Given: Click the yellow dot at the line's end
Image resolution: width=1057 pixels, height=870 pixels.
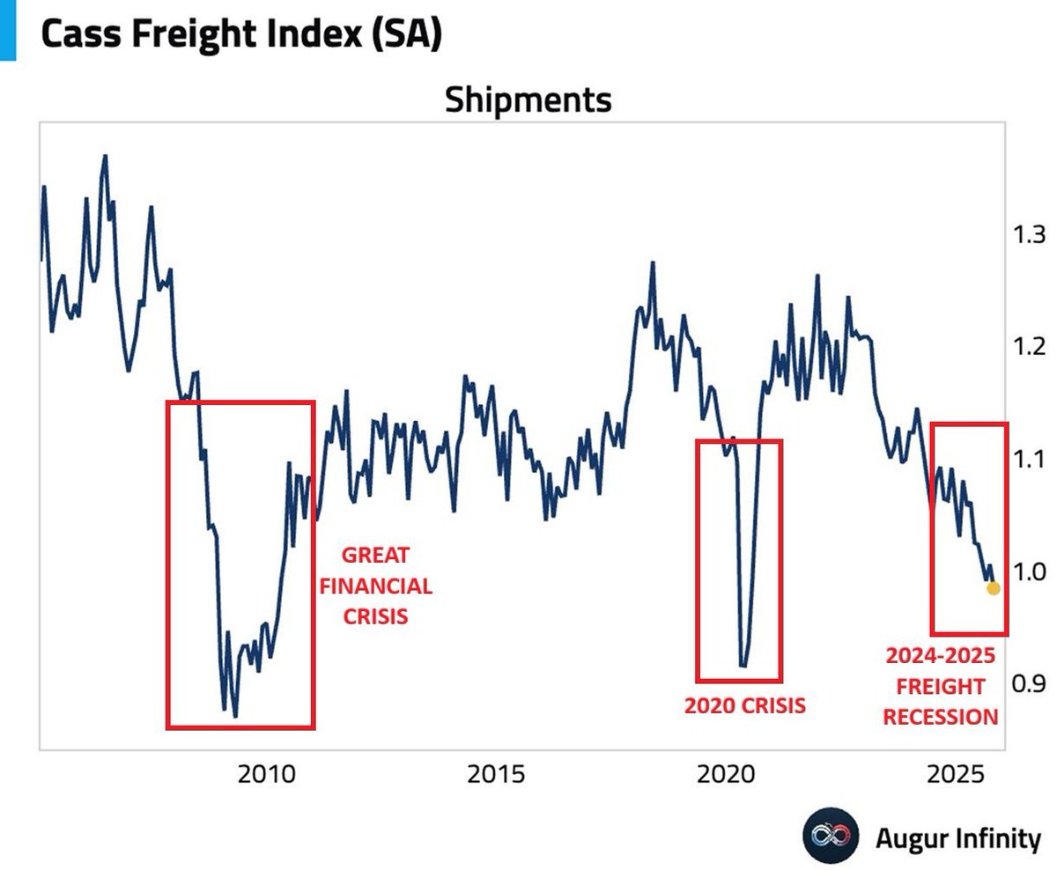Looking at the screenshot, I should pyautogui.click(x=993, y=587).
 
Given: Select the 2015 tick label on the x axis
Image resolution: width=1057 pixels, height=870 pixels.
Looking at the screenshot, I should pyautogui.click(x=496, y=775).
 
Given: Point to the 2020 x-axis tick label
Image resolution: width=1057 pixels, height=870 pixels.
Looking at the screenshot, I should pyautogui.click(x=725, y=775).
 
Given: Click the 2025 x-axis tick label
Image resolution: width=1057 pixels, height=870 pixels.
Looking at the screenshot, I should pyautogui.click(x=955, y=775).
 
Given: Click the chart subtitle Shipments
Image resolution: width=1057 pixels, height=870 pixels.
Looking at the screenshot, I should pyautogui.click(x=527, y=100).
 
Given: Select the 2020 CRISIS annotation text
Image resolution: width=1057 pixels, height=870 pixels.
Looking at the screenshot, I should pyautogui.click(x=744, y=705).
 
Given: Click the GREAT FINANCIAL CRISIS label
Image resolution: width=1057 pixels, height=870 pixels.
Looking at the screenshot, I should pyautogui.click(x=375, y=586).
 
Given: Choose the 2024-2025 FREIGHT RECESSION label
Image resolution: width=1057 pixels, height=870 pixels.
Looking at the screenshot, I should pyautogui.click(x=940, y=686).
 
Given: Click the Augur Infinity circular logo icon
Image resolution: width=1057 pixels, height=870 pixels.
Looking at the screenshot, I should pyautogui.click(x=830, y=835).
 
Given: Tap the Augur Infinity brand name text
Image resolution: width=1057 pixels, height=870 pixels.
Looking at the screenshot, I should pyautogui.click(x=957, y=837).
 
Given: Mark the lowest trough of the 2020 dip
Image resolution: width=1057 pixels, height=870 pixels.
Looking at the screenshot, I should pyautogui.click(x=743, y=667).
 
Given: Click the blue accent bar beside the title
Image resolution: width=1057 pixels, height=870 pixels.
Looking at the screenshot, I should pyautogui.click(x=8, y=30).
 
